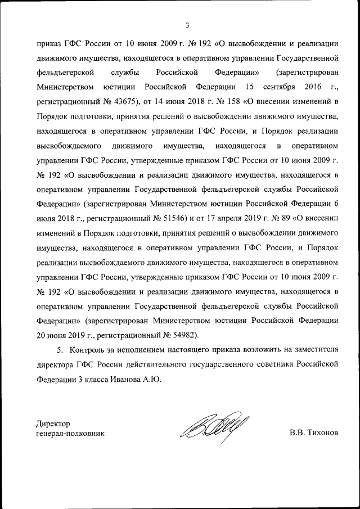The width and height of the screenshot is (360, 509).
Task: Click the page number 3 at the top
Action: [x=187, y=25]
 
